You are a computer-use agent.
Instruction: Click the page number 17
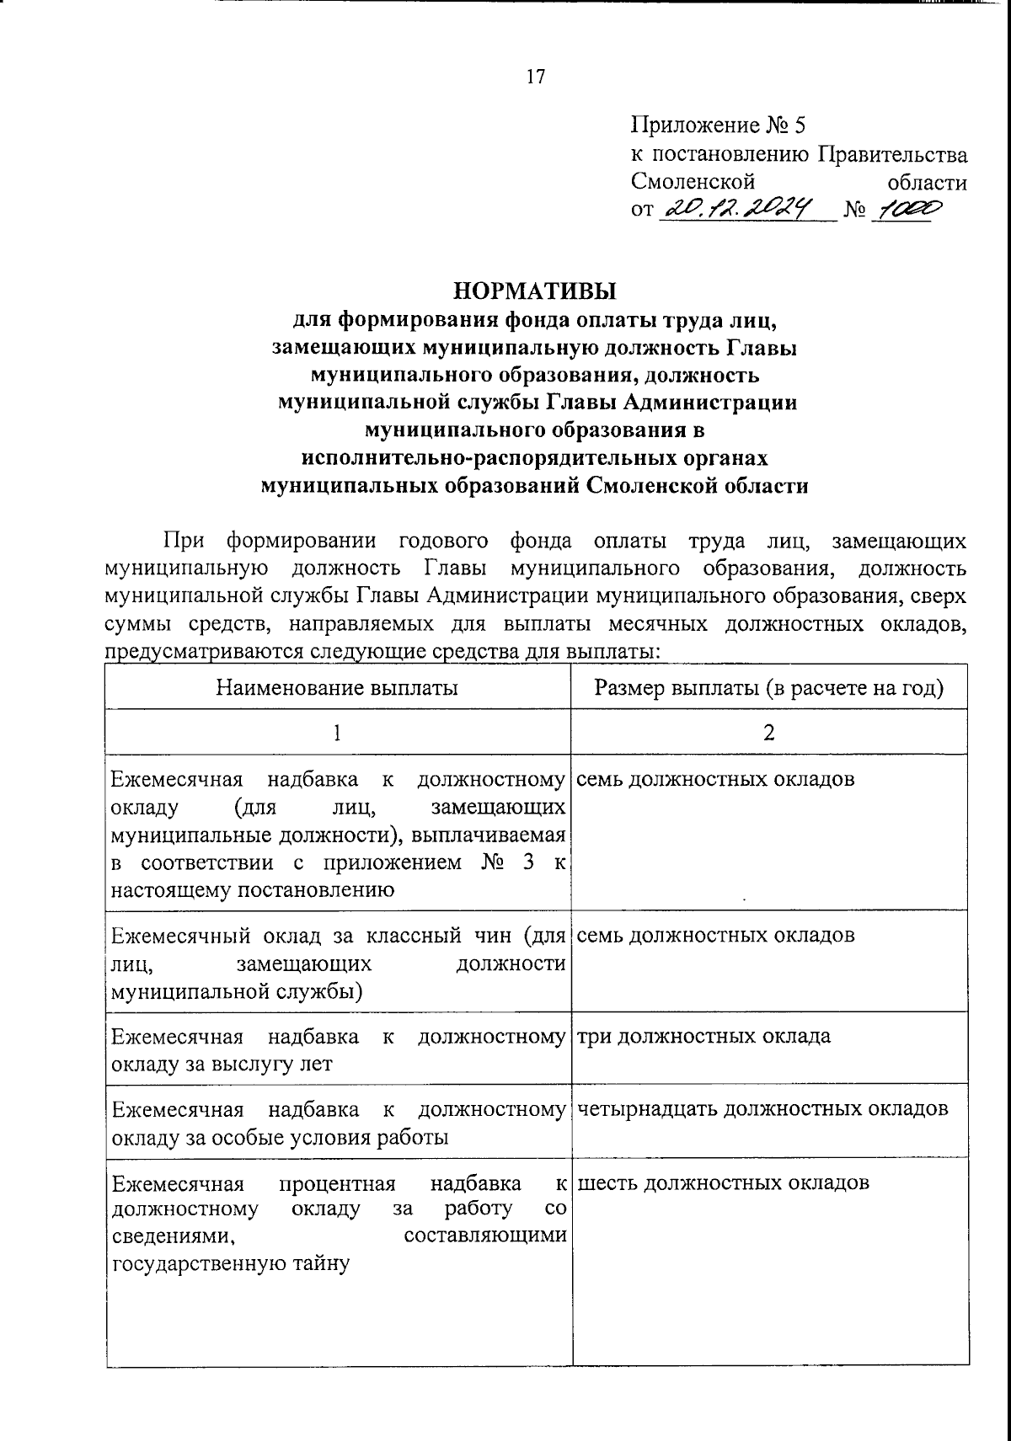click(x=536, y=77)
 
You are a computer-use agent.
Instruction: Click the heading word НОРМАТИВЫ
click(x=535, y=291)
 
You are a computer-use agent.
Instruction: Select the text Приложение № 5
click(x=719, y=126)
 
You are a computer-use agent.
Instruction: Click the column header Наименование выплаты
click(x=337, y=688)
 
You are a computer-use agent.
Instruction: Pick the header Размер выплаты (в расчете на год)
click(x=768, y=688)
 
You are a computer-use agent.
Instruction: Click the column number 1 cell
click(x=337, y=733)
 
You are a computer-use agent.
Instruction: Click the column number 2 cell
click(x=768, y=733)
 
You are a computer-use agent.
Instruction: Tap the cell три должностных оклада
click(x=703, y=1036)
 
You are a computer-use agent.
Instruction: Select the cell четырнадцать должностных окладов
click(x=762, y=1108)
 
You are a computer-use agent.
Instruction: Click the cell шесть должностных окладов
click(x=723, y=1182)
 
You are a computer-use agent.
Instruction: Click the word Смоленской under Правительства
click(x=692, y=182)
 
